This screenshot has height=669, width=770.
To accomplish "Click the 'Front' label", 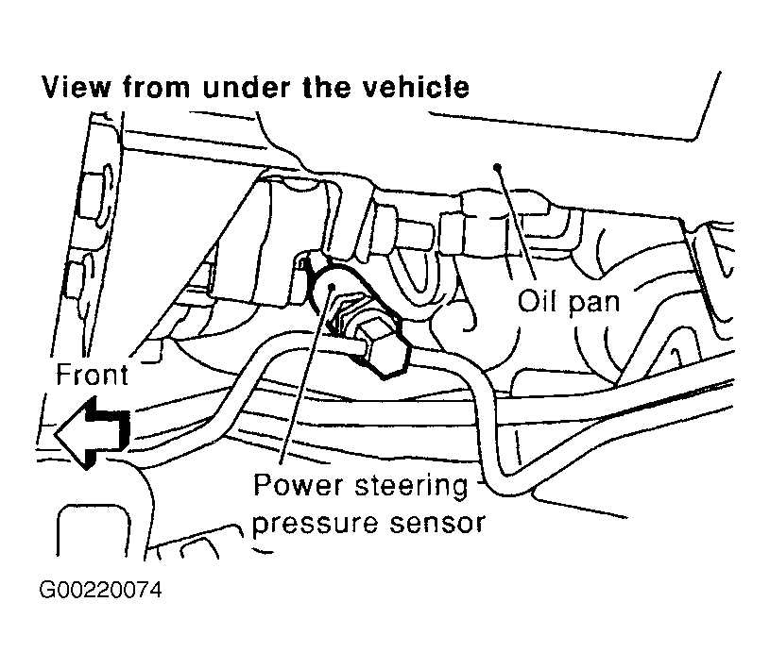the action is tap(92, 376).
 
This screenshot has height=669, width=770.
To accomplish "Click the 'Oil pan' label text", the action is tap(569, 302).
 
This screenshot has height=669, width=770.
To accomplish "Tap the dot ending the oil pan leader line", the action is tap(498, 167).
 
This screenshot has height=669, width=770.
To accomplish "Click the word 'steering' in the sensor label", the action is tap(412, 487).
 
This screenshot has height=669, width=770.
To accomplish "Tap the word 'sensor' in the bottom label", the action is tap(437, 524).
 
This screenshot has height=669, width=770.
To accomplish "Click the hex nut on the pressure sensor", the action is tap(382, 350).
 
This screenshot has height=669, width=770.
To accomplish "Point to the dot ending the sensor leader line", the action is tap(332, 286).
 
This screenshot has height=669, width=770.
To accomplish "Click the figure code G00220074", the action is tap(100, 591).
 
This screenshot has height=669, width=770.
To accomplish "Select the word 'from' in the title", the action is tap(156, 88).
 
